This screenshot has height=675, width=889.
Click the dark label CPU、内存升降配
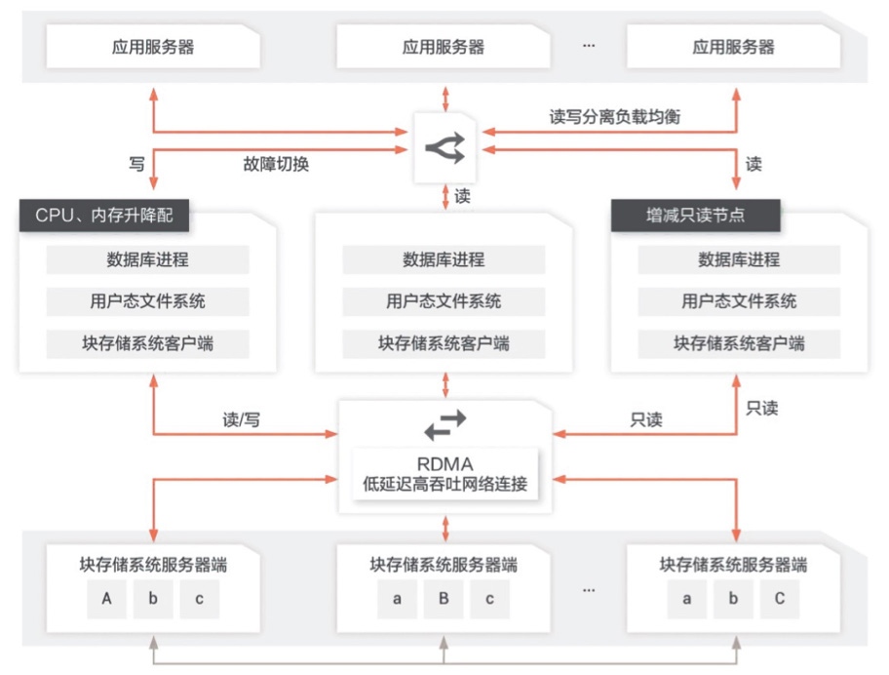pos(104,216)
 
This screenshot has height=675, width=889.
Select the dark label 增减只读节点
pos(696,216)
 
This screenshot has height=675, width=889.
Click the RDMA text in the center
pos(445,463)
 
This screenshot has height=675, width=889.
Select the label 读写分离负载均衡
pos(615,116)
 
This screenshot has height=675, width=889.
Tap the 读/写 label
pos(242,419)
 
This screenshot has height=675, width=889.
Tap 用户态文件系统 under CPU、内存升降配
pos(148,301)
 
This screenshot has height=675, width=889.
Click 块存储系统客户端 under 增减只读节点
pos(739,343)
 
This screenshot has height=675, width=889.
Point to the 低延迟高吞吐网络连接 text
pos(445,483)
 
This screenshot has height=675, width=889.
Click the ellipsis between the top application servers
pos(589,47)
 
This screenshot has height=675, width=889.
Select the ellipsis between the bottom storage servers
pos(589,589)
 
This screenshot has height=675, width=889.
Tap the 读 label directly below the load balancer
pos(462,196)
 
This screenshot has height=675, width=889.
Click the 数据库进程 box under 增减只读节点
pos(739,260)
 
